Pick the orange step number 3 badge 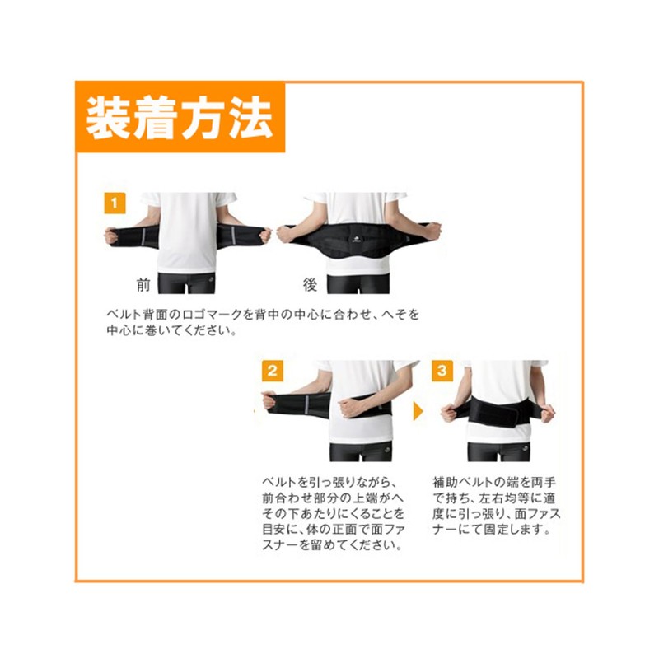tap(442, 370)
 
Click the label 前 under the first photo tap(144, 286)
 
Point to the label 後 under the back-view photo tap(310, 286)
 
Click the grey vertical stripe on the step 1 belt tap(147, 235)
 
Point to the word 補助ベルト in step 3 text tap(466, 482)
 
